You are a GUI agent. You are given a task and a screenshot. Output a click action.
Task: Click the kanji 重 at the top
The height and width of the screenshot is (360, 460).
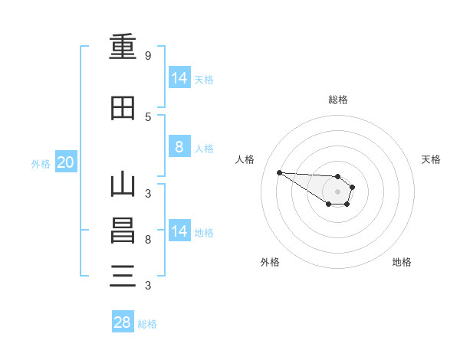point(123,46)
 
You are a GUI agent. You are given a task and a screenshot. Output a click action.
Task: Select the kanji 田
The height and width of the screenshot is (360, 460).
point(123,108)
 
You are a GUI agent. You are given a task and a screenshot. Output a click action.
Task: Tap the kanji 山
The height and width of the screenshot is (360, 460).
point(123,184)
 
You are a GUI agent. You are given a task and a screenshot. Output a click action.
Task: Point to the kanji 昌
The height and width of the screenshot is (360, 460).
point(123,231)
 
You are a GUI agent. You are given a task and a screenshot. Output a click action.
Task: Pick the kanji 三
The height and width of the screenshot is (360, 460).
point(123,276)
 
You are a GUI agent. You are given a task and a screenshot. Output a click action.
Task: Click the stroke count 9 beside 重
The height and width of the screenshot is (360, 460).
point(148,55)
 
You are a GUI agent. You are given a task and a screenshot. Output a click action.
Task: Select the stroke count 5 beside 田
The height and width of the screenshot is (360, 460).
point(148,117)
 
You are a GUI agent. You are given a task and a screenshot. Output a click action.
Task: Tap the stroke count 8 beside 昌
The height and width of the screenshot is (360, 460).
point(148,240)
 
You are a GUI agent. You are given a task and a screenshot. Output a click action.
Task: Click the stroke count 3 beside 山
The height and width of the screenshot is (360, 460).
point(148,194)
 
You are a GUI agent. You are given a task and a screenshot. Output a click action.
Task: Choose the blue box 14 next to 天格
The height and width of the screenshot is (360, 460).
point(179,77)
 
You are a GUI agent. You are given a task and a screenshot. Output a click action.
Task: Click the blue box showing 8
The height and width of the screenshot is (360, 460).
point(179,146)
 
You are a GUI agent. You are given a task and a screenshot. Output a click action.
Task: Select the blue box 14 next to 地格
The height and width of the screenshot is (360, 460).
point(179,230)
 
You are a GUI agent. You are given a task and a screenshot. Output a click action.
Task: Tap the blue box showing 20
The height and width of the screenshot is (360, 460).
point(66,162)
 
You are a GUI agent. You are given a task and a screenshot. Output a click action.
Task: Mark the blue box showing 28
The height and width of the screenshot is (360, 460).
point(123,321)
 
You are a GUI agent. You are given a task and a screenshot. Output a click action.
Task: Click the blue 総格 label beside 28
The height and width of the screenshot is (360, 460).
point(147,324)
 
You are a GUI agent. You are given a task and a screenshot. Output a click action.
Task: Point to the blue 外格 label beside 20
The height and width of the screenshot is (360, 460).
point(41,164)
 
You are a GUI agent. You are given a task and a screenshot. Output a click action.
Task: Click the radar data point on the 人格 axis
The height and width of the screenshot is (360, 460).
point(280,172)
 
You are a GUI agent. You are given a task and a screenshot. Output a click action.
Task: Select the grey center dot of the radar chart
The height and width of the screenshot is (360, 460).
point(337,191)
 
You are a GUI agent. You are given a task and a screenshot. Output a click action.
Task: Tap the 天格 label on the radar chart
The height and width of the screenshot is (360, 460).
point(431,159)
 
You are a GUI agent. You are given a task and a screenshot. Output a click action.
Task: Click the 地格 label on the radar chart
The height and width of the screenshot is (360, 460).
point(402,262)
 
